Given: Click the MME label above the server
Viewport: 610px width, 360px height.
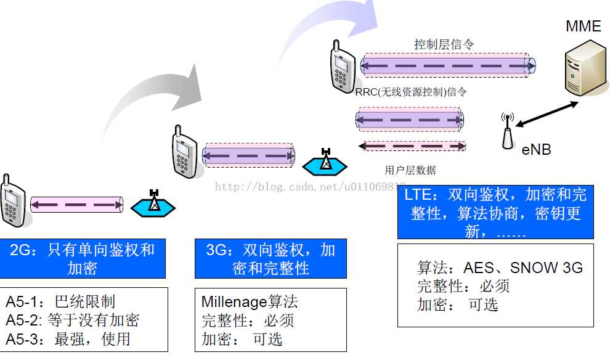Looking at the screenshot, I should tap(583, 26).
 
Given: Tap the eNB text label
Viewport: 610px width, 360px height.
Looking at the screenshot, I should tap(536, 150).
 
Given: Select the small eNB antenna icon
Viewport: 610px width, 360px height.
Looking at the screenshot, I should tap(508, 131).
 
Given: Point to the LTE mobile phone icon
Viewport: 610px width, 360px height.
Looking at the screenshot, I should tap(340, 66).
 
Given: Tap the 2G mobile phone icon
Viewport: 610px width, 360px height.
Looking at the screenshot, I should tap(12, 202).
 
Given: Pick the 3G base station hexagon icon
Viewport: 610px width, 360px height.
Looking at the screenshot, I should tap(324, 162).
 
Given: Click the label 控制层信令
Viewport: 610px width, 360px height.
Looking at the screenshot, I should tap(444, 44).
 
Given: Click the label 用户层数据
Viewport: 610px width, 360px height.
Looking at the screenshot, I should tap(410, 170).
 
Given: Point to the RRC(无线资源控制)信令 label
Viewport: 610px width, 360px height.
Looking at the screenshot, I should tap(411, 92).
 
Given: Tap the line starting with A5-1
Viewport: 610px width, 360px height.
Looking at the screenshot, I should tap(60, 301).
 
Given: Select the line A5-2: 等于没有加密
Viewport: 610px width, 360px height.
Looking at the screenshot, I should tap(73, 320).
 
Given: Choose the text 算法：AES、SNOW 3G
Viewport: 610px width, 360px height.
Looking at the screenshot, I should tap(500, 268).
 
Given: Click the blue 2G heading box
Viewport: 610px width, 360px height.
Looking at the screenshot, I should tap(83, 258).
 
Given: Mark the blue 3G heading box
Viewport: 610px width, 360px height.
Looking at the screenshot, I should tap(270, 258).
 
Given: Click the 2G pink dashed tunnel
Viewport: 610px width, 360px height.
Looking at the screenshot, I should tap(77, 205).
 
